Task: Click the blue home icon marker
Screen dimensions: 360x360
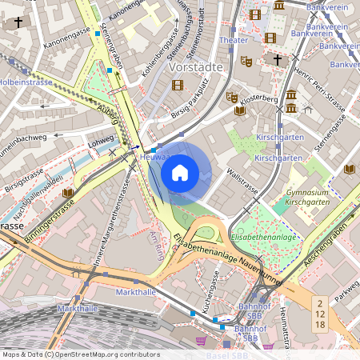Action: coord(180,172)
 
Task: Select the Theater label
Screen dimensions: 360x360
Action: coord(233,40)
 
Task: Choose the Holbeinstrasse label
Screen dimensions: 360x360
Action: coord(26,82)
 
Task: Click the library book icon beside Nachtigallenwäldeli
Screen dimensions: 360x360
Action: coord(67,194)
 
